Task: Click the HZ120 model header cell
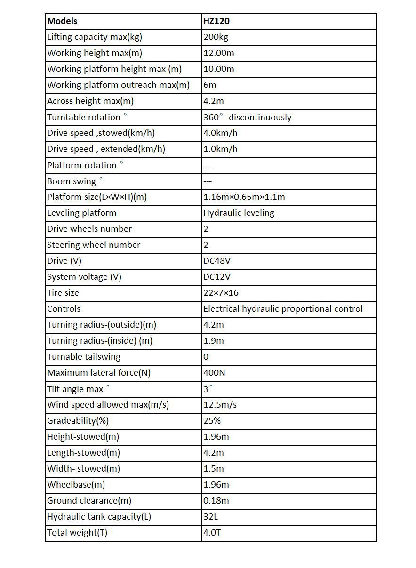click(x=216, y=21)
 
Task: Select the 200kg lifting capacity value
click(x=216, y=37)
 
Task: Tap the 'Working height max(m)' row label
click(x=95, y=53)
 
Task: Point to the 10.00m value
click(x=218, y=69)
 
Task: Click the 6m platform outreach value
click(x=210, y=85)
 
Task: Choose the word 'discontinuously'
click(x=260, y=118)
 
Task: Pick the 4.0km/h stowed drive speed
click(x=220, y=133)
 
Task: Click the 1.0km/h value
click(x=220, y=149)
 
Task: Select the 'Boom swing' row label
click(x=72, y=181)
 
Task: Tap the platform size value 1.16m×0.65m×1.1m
click(x=244, y=197)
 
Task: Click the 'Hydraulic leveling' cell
click(x=239, y=213)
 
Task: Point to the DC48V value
click(x=217, y=261)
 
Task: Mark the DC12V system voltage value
click(x=217, y=277)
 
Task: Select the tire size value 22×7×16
click(x=221, y=293)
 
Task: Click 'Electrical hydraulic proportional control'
click(x=283, y=309)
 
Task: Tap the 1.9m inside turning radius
click(x=214, y=341)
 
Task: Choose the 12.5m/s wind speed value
click(x=220, y=405)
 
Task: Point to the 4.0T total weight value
click(x=212, y=533)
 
